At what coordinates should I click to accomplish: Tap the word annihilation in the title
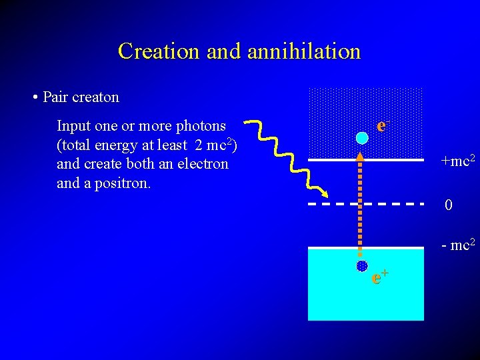304,51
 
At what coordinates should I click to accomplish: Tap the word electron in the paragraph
202,164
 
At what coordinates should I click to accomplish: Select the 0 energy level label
449,205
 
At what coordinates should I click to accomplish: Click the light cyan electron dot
361,138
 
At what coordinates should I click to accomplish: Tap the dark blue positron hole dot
361,266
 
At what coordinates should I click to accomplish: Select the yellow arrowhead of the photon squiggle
324,194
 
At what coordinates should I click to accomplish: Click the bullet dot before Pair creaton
34,98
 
